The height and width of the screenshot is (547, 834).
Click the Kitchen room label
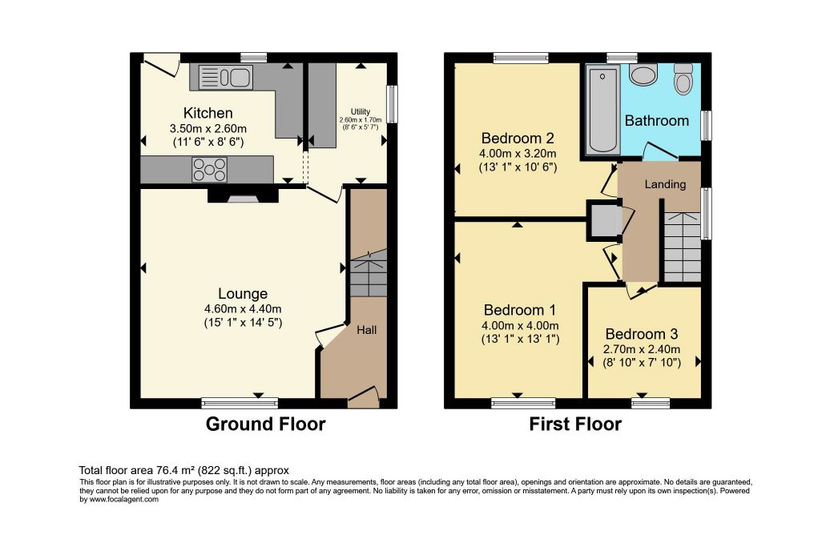[x=208, y=113]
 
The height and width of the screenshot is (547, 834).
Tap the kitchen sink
[x=225, y=77]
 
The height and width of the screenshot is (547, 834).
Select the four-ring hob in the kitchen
[x=210, y=170]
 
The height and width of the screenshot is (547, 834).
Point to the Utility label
[x=360, y=111]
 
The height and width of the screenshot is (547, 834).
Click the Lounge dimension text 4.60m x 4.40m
[x=243, y=309]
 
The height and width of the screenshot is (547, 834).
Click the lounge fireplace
[x=243, y=195]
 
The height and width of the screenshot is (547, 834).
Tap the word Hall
[x=366, y=330]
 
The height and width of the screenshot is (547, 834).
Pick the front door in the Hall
[x=363, y=397]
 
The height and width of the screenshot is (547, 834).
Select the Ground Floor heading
[x=265, y=424]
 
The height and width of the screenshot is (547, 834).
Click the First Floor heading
[x=575, y=424]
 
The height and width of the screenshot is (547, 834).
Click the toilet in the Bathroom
[x=683, y=79]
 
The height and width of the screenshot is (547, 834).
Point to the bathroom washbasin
[x=643, y=74]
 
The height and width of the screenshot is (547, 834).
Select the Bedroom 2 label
[x=518, y=139]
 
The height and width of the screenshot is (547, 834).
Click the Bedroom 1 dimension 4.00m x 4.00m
[x=520, y=325]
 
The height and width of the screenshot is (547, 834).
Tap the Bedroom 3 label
[x=642, y=334]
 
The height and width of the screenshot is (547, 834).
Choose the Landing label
[x=665, y=184]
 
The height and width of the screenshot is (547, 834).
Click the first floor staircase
[x=683, y=247]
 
